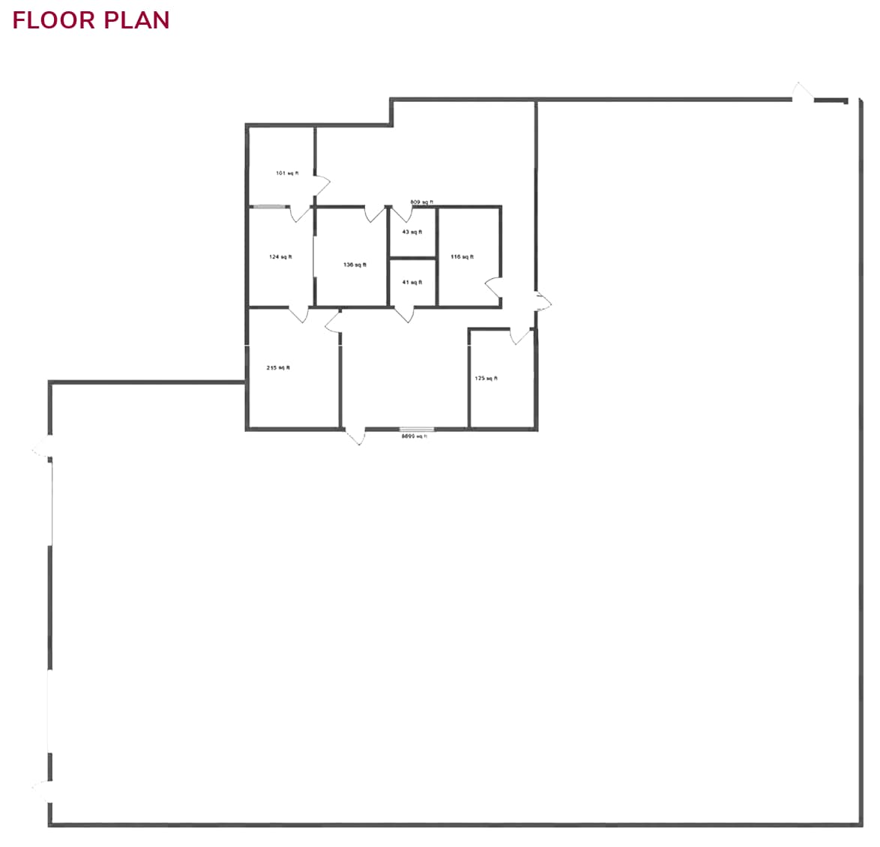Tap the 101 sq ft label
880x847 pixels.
click(287, 173)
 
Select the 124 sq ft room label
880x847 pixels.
click(280, 257)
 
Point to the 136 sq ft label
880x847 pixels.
click(355, 265)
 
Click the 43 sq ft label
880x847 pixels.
click(412, 232)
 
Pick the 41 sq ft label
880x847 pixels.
click(412, 283)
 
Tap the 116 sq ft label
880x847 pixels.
click(462, 257)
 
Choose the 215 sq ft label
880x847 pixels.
click(278, 368)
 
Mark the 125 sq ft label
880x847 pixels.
click(486, 379)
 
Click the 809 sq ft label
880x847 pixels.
click(421, 202)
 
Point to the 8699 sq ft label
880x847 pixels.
click(414, 436)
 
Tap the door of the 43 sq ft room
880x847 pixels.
click(403, 214)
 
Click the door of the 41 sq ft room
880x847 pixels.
click(405, 314)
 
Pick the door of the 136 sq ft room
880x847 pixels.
click(374, 214)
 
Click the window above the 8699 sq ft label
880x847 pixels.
click(417, 429)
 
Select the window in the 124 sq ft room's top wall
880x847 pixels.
click(268, 206)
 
